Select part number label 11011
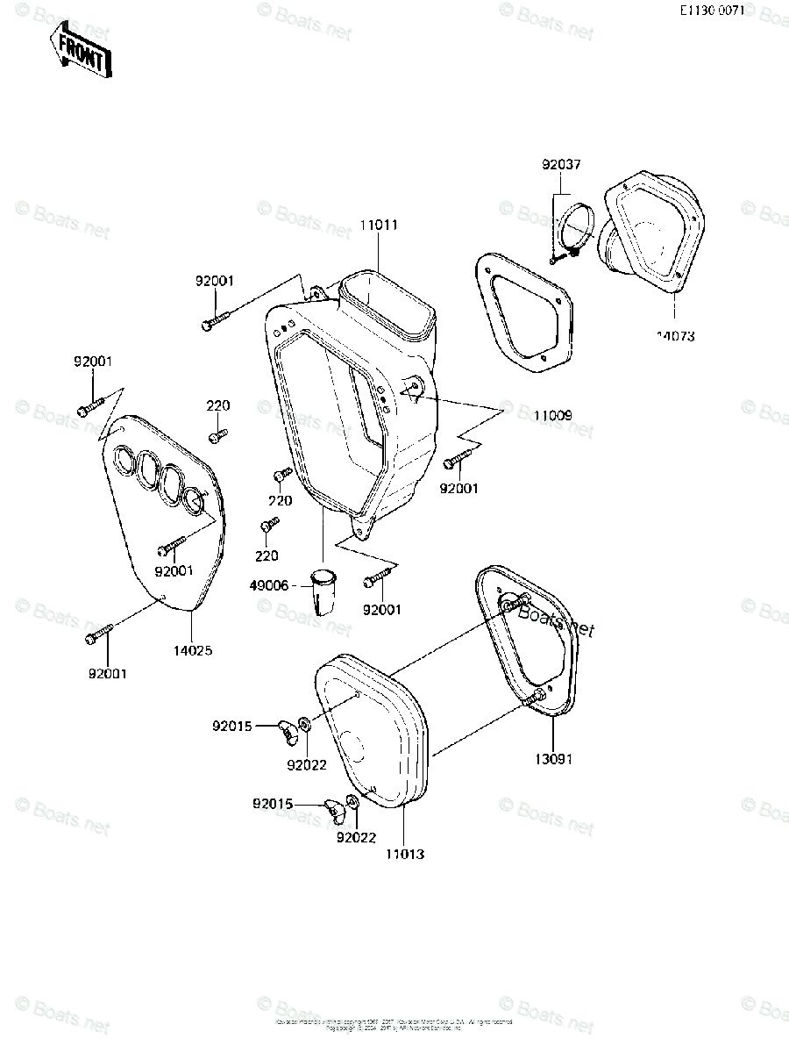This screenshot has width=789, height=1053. pos(379,226)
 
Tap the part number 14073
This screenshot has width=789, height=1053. pos(675,335)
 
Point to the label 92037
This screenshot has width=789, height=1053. pos(561,165)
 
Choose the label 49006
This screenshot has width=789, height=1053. pos(268,585)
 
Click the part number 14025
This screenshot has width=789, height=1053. pos(192,650)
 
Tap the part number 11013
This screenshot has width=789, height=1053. pos(404,853)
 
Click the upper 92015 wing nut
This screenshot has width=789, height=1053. pos(288,727)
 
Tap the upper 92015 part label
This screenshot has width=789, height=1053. pos(231,726)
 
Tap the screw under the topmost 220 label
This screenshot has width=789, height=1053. pos(218,434)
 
